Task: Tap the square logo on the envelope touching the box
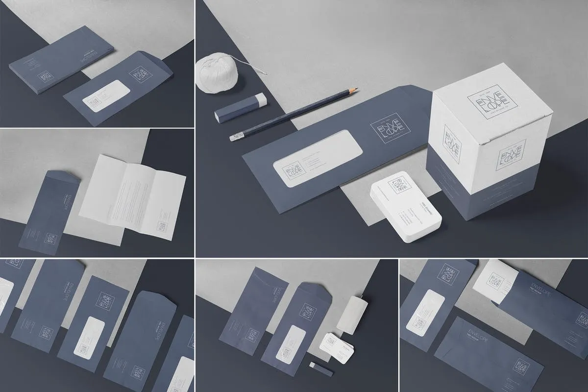[387, 133]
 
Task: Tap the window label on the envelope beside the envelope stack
[105, 97]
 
